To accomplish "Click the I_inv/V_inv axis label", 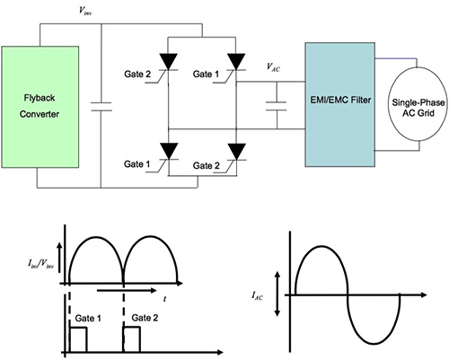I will pos(40,261).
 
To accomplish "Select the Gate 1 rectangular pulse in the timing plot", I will pos(76,338).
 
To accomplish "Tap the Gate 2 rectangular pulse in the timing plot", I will pos(133,338).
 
